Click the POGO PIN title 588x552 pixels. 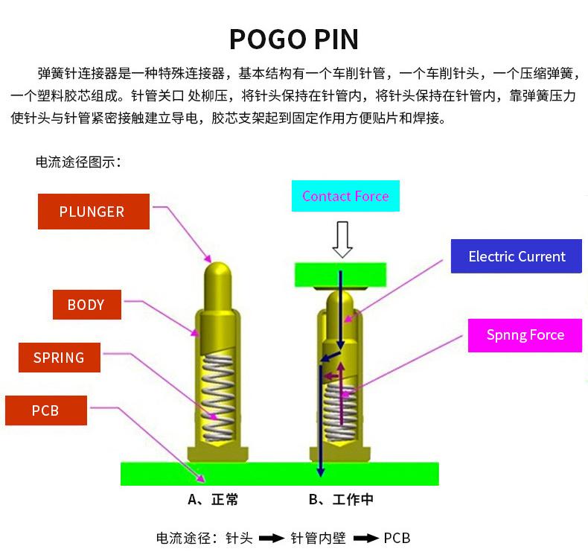pyautogui.click(x=293, y=39)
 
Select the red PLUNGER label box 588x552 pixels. pyautogui.click(x=93, y=212)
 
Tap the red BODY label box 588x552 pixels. pyautogui.click(x=86, y=305)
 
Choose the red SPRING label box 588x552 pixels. pyautogui.click(x=59, y=358)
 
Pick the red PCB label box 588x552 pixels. pyautogui.click(x=45, y=410)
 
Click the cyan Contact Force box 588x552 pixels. pyautogui.click(x=345, y=197)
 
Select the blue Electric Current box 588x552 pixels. pyautogui.click(x=517, y=257)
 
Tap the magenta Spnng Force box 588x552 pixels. pyautogui.click(x=525, y=335)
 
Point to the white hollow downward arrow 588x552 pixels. pyautogui.click(x=342, y=239)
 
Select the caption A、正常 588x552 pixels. pyautogui.click(x=214, y=500)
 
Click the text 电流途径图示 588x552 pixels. pyautogui.click(x=78, y=162)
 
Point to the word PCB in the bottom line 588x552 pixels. pyautogui.click(x=397, y=538)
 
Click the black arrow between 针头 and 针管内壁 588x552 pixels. pyautogui.click(x=272, y=538)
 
